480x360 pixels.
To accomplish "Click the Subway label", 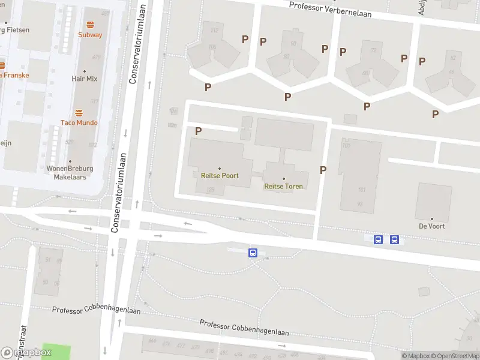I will coord(90,35).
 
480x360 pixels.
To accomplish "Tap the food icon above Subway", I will coord(90,25).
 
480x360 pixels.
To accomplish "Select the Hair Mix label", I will coord(85,79).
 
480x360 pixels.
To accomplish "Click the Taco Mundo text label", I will coord(79,123).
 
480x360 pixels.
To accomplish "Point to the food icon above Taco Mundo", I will coord(79,113).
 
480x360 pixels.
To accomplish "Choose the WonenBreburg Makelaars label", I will coord(67,173).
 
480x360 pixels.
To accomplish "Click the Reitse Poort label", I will coord(219,176).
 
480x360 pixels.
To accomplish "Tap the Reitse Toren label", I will coord(283,186).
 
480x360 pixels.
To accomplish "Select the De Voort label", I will coord(431,226).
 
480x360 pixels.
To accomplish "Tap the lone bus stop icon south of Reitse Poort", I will coord(253,253).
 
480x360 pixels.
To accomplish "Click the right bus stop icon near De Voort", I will coord(394,240).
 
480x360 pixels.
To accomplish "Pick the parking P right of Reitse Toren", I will coord(323,170).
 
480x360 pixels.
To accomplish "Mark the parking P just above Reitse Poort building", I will coord(198,131).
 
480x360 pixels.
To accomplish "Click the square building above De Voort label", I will coord(433,202).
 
